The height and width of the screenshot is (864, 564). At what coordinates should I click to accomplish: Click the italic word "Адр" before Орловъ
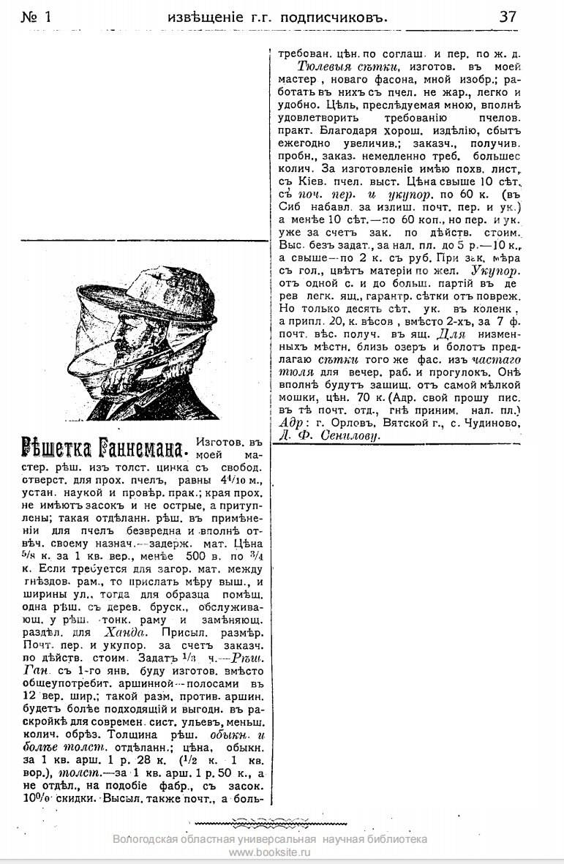tap(290, 422)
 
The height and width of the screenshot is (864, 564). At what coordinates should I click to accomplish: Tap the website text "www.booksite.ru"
tap(270, 853)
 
